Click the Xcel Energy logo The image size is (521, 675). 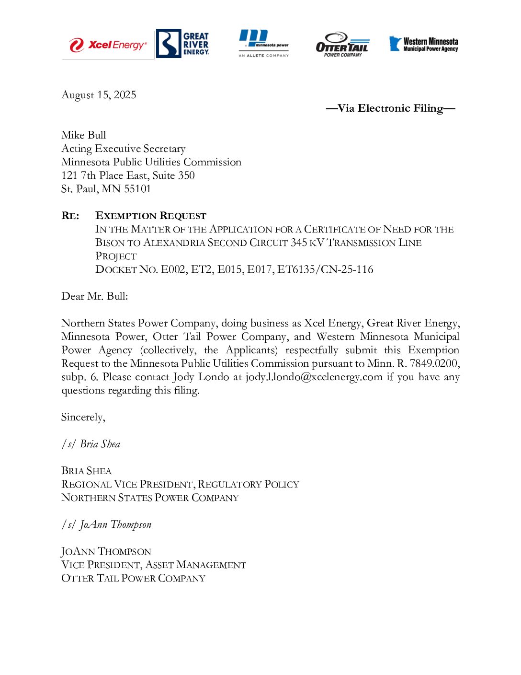coord(108,45)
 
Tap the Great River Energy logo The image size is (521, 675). coord(183,43)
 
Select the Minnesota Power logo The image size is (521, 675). coord(263,43)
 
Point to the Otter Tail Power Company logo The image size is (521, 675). coord(342,45)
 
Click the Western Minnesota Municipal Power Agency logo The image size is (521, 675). coord(423,44)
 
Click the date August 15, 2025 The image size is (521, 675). coord(99,95)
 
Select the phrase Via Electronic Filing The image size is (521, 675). coord(390,108)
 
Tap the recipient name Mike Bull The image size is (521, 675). coord(84,135)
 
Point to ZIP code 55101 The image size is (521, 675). coord(137,189)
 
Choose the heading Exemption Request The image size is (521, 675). coord(151,216)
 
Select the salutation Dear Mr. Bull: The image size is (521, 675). coord(95,296)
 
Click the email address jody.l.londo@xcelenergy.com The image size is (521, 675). coord(314,377)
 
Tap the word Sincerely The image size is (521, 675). coord(82,417)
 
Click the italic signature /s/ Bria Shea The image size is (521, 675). coord(91,444)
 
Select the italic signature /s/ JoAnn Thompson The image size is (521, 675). coord(106,524)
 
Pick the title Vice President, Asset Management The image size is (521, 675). coord(154,565)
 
